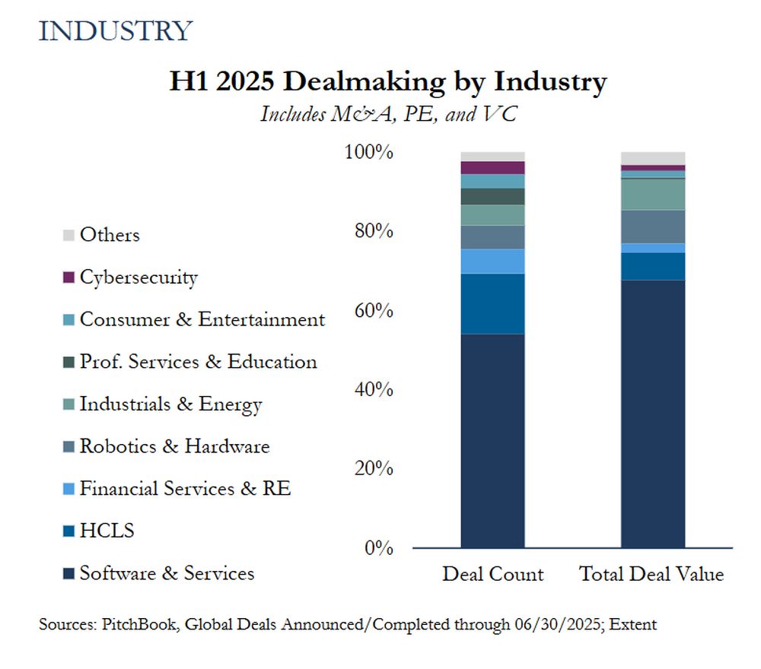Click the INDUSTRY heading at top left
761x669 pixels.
115,31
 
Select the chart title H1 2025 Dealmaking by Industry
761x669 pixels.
387,81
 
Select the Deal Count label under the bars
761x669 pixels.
493,574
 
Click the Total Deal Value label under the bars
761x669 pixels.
652,574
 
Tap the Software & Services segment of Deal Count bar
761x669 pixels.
493,441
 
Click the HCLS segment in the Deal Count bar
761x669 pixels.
493,303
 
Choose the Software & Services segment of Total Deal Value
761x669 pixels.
653,414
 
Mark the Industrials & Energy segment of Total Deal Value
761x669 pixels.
653,194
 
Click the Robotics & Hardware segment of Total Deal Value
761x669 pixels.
653,227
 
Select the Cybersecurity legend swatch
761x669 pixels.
68,278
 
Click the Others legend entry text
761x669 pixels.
110,235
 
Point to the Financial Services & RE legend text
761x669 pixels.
185,489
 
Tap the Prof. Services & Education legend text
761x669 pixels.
198,362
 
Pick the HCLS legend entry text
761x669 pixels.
107,531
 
